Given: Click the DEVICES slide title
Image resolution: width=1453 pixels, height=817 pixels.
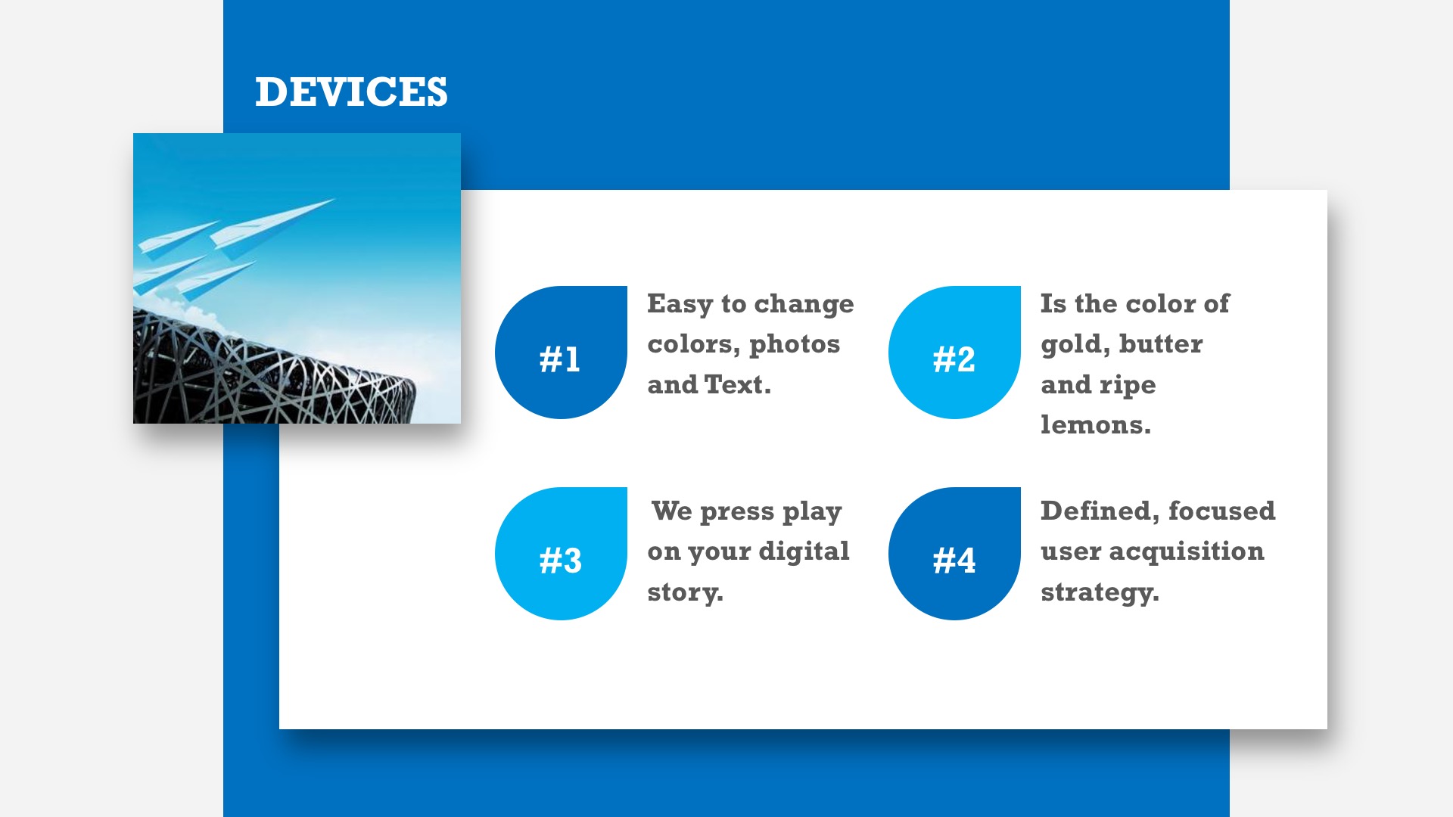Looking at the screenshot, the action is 351,92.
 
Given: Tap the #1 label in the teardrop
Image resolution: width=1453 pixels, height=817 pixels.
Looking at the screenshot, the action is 560,359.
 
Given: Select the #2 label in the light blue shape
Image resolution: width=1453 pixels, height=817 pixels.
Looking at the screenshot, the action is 954,359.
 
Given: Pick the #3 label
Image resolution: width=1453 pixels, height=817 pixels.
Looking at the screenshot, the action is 560,561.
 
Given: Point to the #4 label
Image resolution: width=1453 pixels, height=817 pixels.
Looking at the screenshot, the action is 954,561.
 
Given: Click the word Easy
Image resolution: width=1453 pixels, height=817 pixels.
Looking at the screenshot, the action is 680,304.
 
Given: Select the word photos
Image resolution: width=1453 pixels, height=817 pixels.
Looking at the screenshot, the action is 795,345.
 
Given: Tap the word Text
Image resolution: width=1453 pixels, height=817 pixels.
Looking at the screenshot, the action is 738,384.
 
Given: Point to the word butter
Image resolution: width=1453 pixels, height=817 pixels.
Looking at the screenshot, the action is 1161,344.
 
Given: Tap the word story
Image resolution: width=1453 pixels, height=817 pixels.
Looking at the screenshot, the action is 685,592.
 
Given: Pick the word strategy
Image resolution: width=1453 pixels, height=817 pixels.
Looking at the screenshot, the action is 1100,592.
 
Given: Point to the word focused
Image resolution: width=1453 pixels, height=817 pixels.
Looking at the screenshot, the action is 1221,511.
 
